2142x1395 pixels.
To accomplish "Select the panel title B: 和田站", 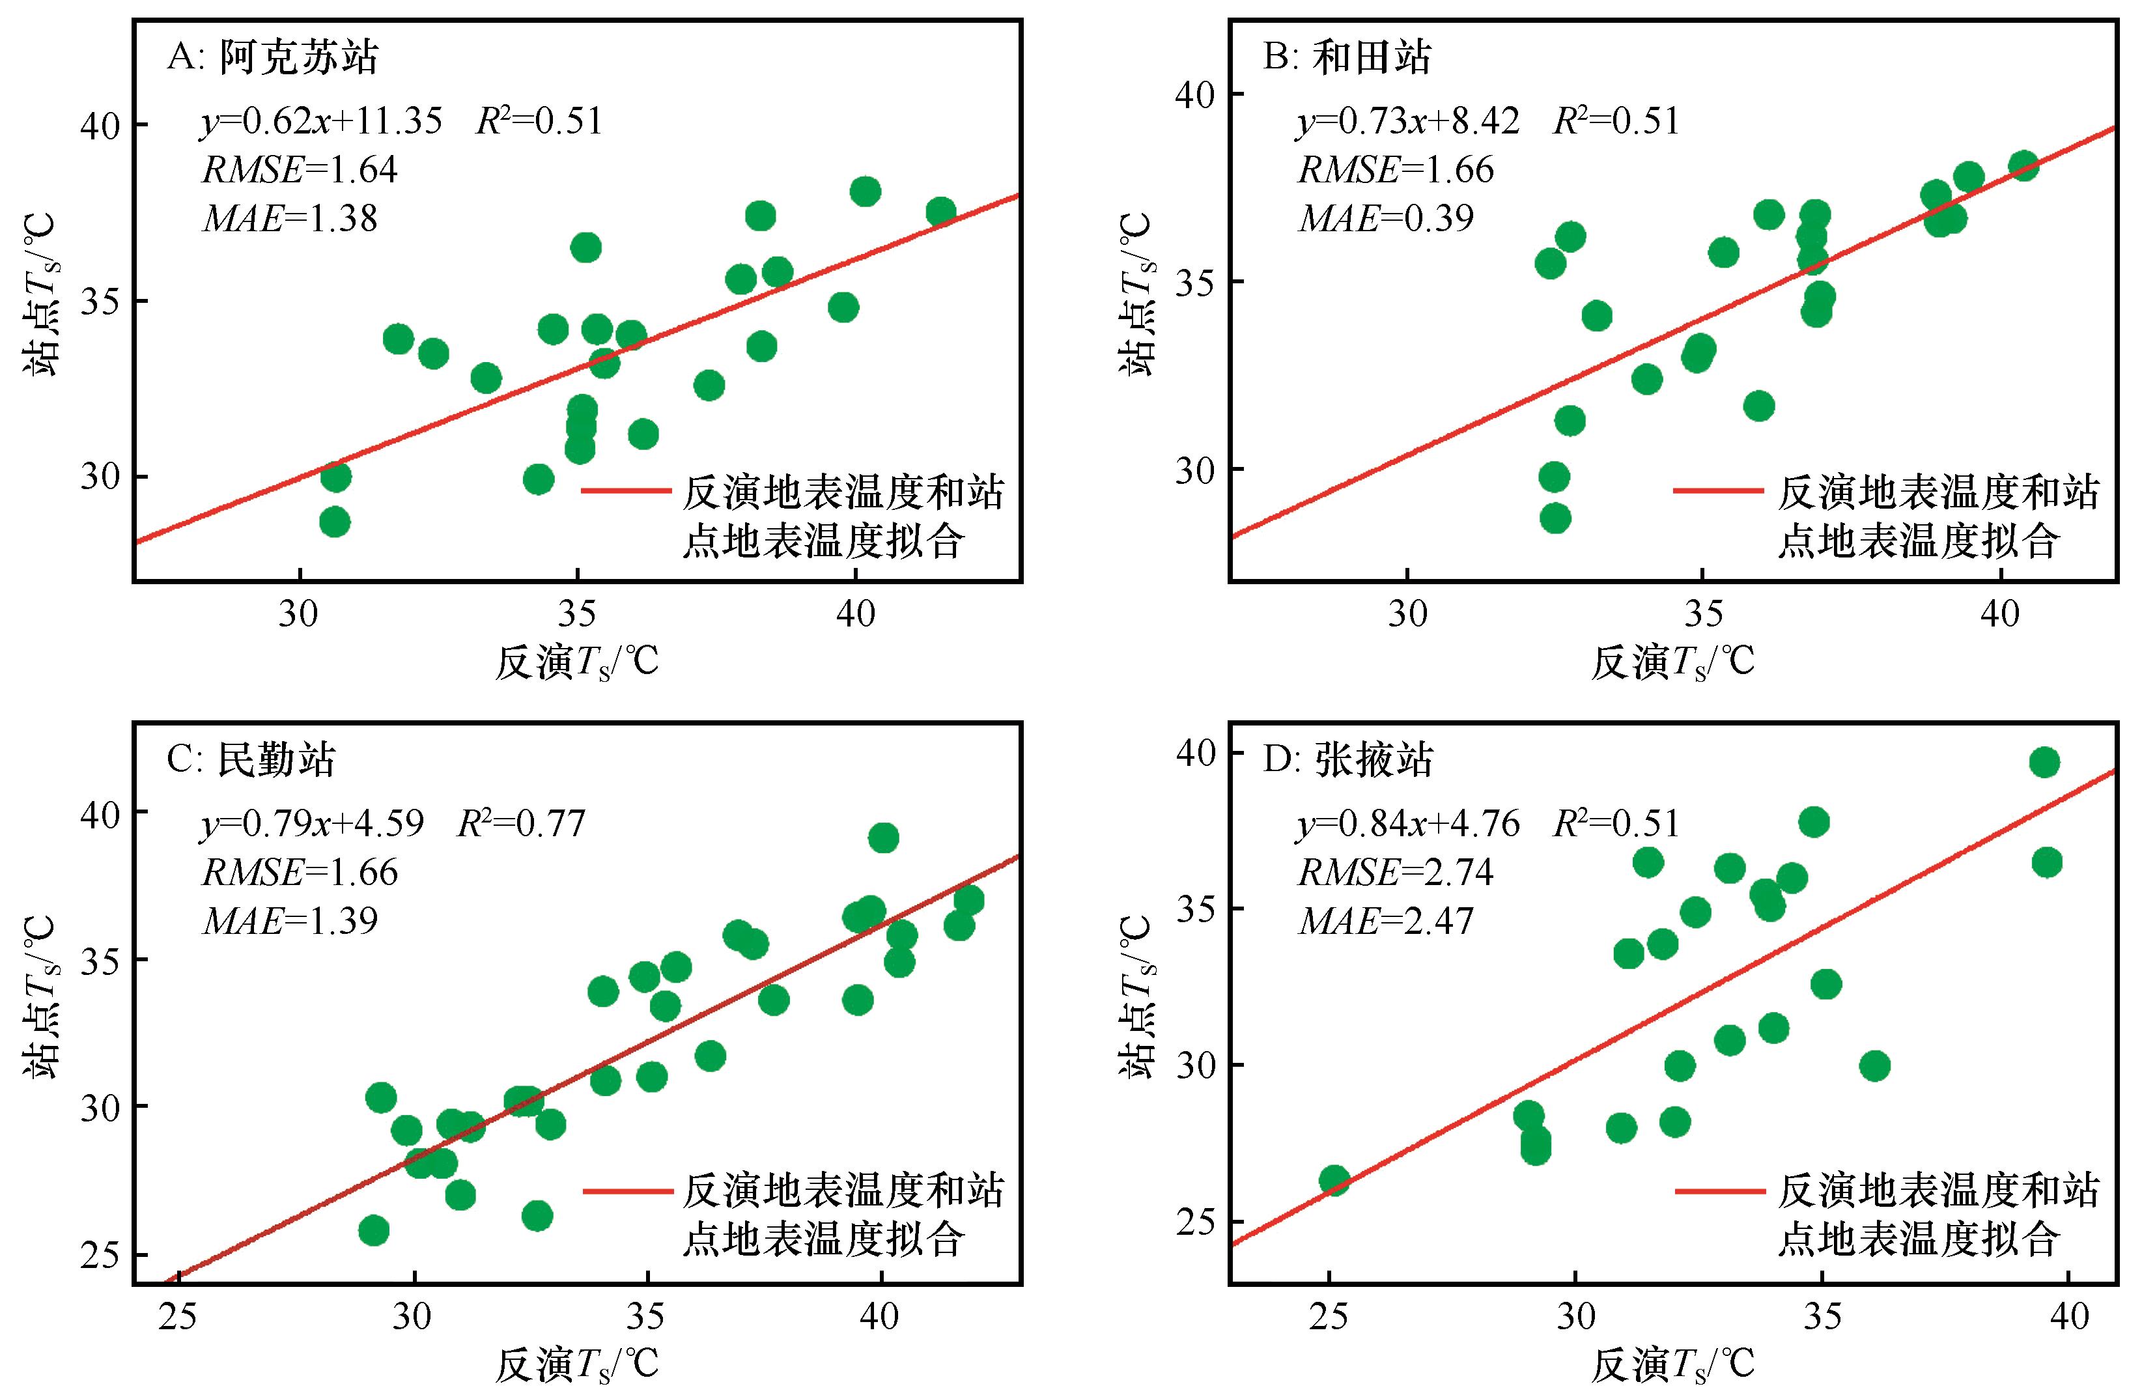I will point(1347,57).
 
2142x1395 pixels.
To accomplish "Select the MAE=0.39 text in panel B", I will point(1386,218).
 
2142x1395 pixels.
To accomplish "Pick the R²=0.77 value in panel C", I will point(522,823).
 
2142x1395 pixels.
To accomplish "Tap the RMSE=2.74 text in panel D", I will point(1395,872).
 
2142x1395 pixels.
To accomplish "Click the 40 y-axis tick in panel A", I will point(101,125).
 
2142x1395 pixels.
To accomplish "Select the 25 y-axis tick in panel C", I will point(101,1254).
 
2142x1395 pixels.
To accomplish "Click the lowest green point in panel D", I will point(1334,1181).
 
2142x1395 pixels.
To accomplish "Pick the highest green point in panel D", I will point(2045,762).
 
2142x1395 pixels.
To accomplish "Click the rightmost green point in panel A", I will point(940,212).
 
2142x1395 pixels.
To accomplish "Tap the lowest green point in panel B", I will point(1555,518).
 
